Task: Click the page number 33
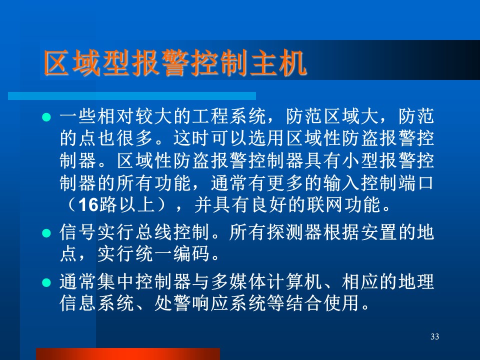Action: pos(434,336)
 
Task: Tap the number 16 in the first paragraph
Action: pos(88,205)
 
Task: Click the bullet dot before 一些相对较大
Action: pos(46,117)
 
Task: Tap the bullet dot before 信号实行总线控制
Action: pos(46,233)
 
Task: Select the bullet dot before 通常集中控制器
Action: pos(46,282)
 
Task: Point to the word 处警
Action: pos(173,303)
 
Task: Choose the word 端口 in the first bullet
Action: pos(415,183)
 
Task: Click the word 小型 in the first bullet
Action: pos(360,161)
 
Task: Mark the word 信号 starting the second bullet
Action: pos(78,232)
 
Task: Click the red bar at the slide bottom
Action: pos(128,354)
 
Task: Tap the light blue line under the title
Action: pos(132,96)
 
